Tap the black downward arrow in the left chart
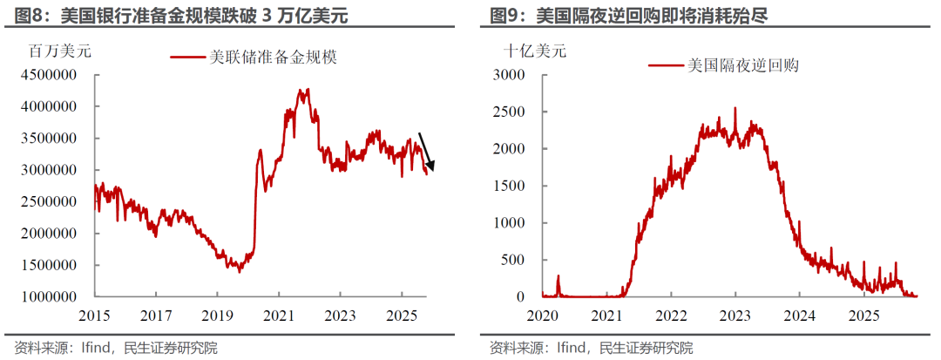coord(427,151)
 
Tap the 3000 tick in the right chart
coord(510,75)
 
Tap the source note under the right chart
coord(592,348)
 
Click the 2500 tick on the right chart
coord(510,112)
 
